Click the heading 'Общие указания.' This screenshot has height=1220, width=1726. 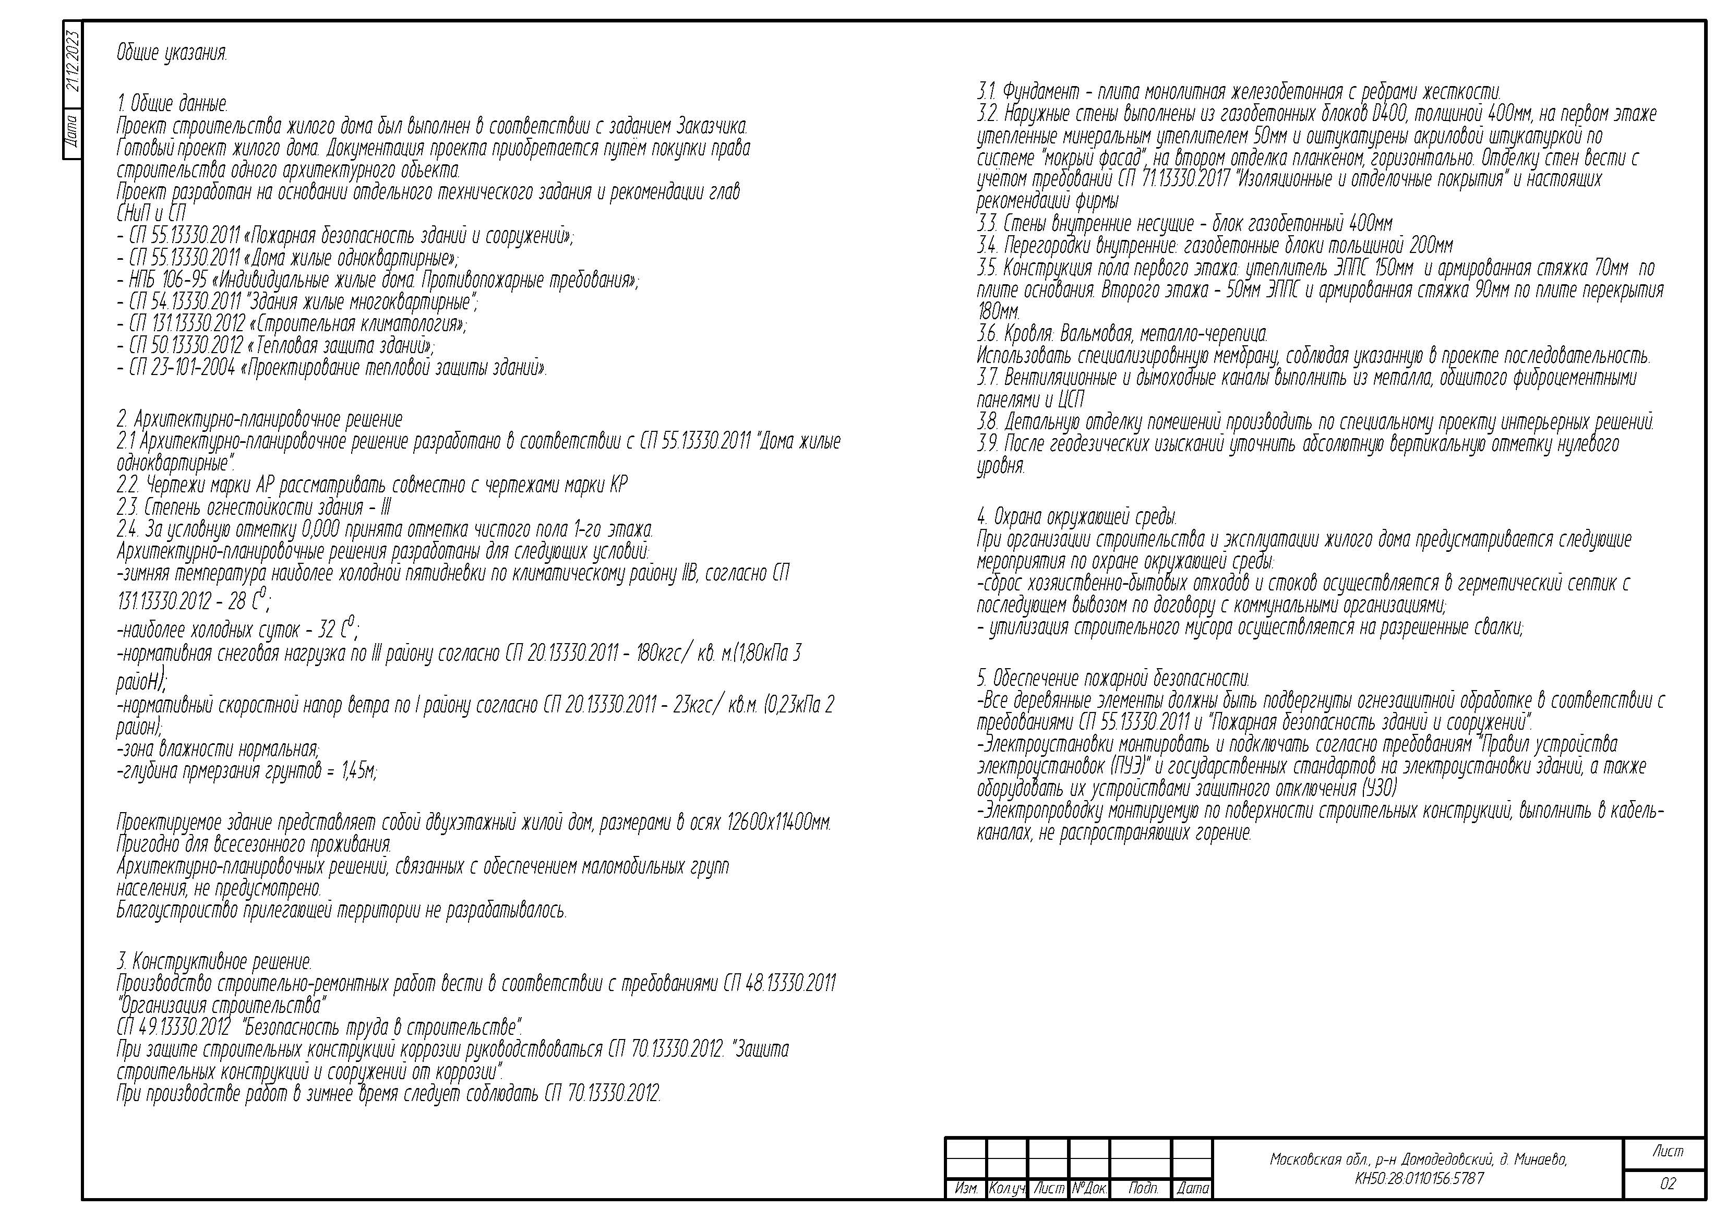[171, 53]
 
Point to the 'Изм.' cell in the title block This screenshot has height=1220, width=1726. [965, 1188]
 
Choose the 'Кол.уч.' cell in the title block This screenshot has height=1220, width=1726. [1006, 1188]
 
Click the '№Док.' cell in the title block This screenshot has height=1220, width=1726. [1088, 1188]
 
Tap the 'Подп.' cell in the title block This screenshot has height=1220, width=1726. [1143, 1188]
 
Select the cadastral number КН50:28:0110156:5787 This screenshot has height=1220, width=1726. [1419, 1178]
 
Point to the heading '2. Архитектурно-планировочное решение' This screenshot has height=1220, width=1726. [259, 419]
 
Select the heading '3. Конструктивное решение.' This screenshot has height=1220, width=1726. [214, 961]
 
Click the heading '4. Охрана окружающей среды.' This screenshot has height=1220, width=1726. [1076, 517]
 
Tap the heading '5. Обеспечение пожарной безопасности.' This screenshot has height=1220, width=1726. [1112, 679]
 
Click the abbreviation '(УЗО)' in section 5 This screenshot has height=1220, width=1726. [1379, 789]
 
